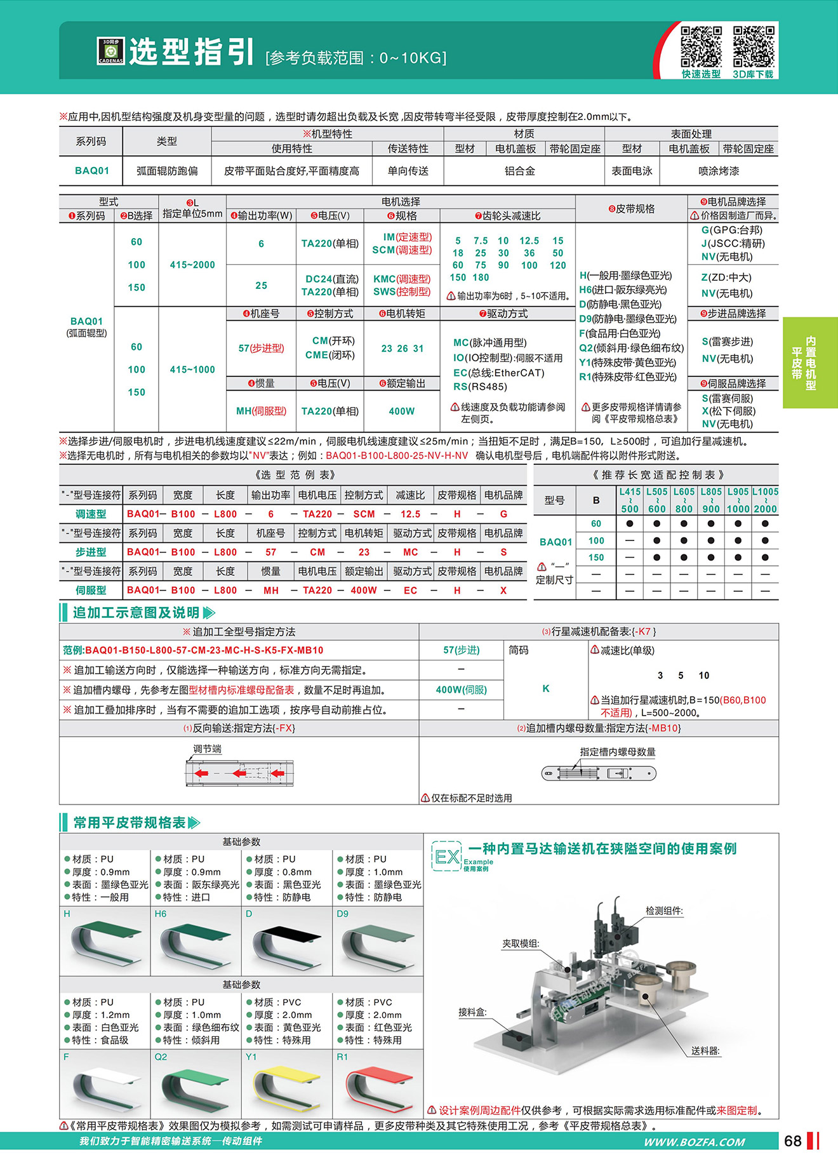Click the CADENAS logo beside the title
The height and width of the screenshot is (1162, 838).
(x=110, y=51)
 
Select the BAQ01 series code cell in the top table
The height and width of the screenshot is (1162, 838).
(x=92, y=171)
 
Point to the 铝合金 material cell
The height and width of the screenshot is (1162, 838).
(x=520, y=171)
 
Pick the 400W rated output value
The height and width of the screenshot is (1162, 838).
(x=402, y=411)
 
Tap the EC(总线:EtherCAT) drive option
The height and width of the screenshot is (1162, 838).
(x=498, y=373)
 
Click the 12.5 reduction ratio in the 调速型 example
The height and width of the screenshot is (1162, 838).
(x=410, y=514)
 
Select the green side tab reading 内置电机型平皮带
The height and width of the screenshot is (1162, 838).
(x=804, y=363)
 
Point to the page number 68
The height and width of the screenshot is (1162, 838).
(x=793, y=1141)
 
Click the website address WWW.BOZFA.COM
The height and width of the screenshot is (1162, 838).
(x=695, y=1142)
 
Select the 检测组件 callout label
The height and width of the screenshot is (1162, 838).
(x=664, y=911)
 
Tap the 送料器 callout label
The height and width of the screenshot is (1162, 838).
(x=705, y=1051)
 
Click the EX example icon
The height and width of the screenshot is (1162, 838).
(x=446, y=857)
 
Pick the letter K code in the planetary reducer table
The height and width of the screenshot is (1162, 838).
(x=546, y=688)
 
